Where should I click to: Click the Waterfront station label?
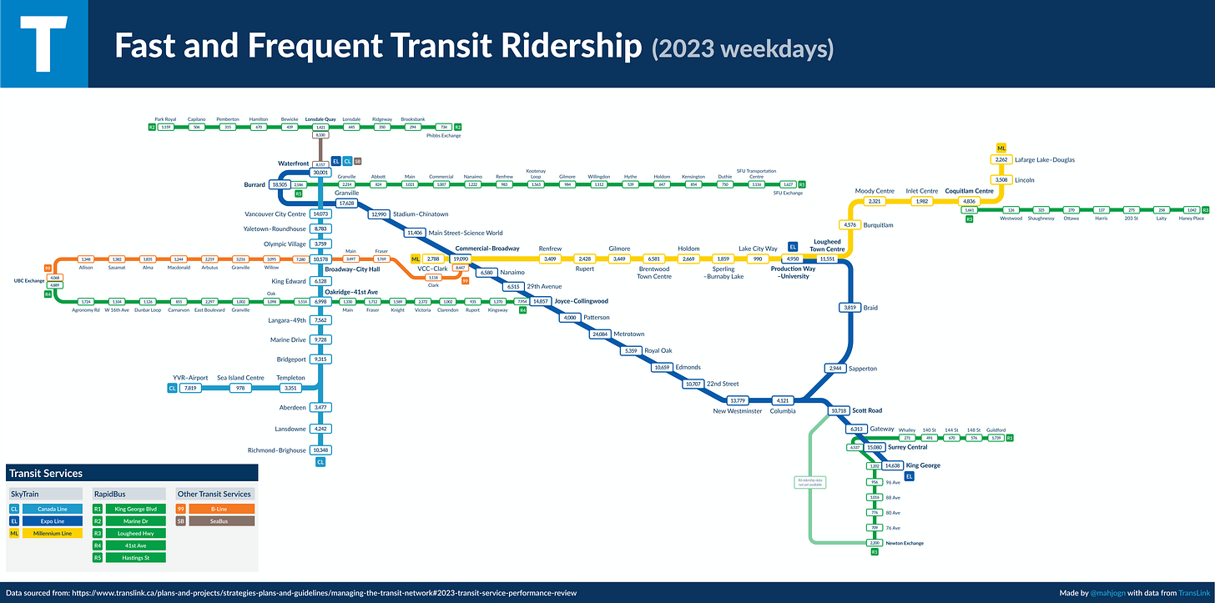point(294,163)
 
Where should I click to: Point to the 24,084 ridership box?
point(600,334)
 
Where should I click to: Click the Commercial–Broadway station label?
point(487,249)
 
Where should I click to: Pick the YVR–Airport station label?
point(190,378)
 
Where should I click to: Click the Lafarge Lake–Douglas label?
point(1046,159)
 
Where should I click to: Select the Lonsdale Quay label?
point(320,119)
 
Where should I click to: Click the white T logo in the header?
point(43,44)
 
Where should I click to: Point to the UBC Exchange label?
point(28,281)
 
